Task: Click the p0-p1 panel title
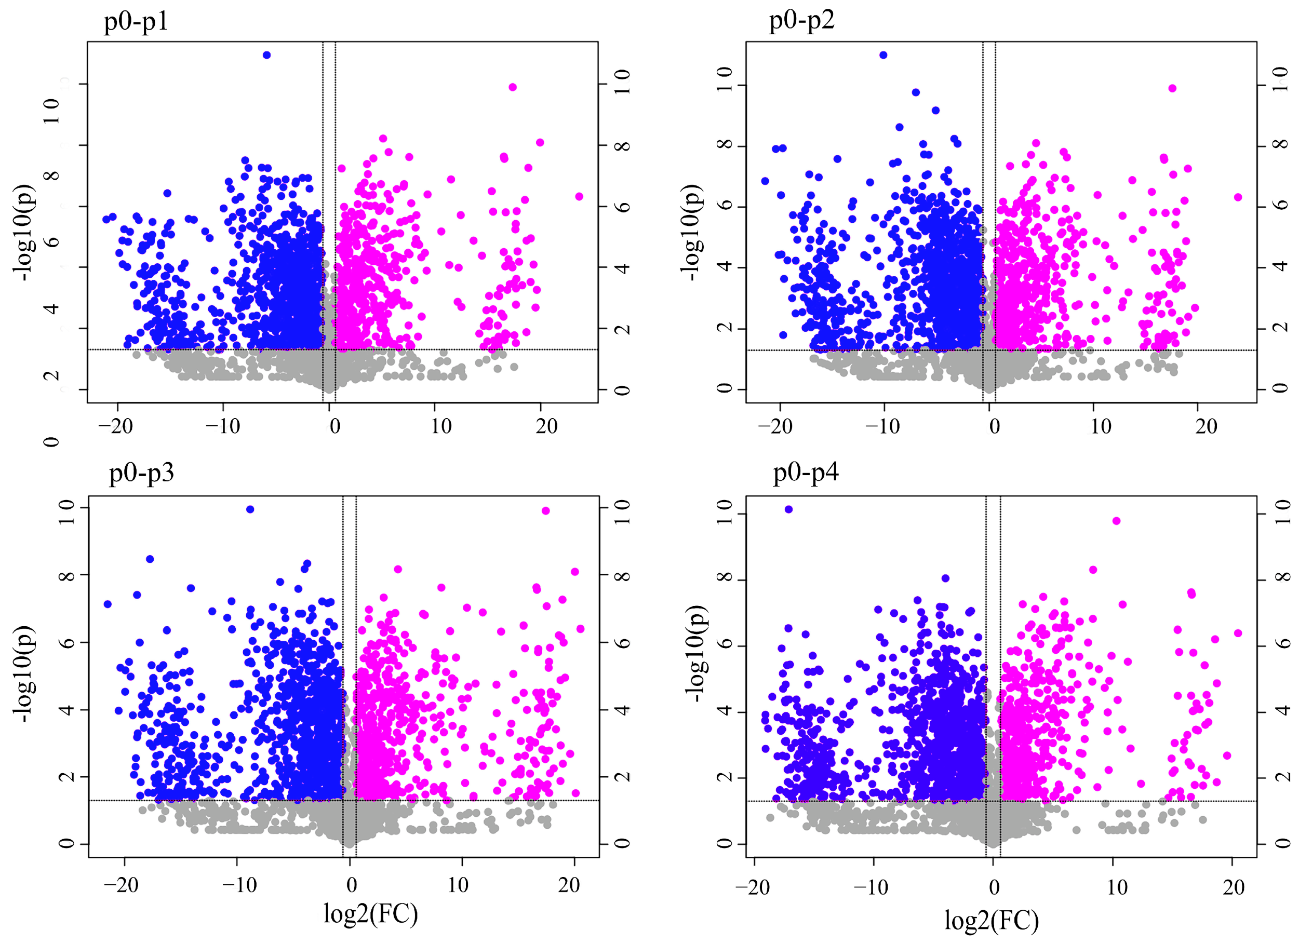[136, 22]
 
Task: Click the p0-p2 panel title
[801, 21]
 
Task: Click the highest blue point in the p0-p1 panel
[267, 55]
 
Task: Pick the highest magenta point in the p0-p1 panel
[513, 87]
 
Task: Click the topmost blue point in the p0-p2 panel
[883, 55]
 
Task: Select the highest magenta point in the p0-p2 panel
[1172, 88]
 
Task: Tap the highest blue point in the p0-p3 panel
[250, 509]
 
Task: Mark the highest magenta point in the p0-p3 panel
[546, 510]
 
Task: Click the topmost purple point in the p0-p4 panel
[788, 509]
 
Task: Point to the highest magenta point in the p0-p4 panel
[1116, 521]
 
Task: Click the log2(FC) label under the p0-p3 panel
[370, 914]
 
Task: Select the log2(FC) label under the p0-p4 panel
[992, 921]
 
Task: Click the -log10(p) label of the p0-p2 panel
[692, 232]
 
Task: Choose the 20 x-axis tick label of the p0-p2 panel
[1206, 426]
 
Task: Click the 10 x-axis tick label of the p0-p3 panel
[458, 885]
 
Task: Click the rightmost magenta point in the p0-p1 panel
[579, 196]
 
